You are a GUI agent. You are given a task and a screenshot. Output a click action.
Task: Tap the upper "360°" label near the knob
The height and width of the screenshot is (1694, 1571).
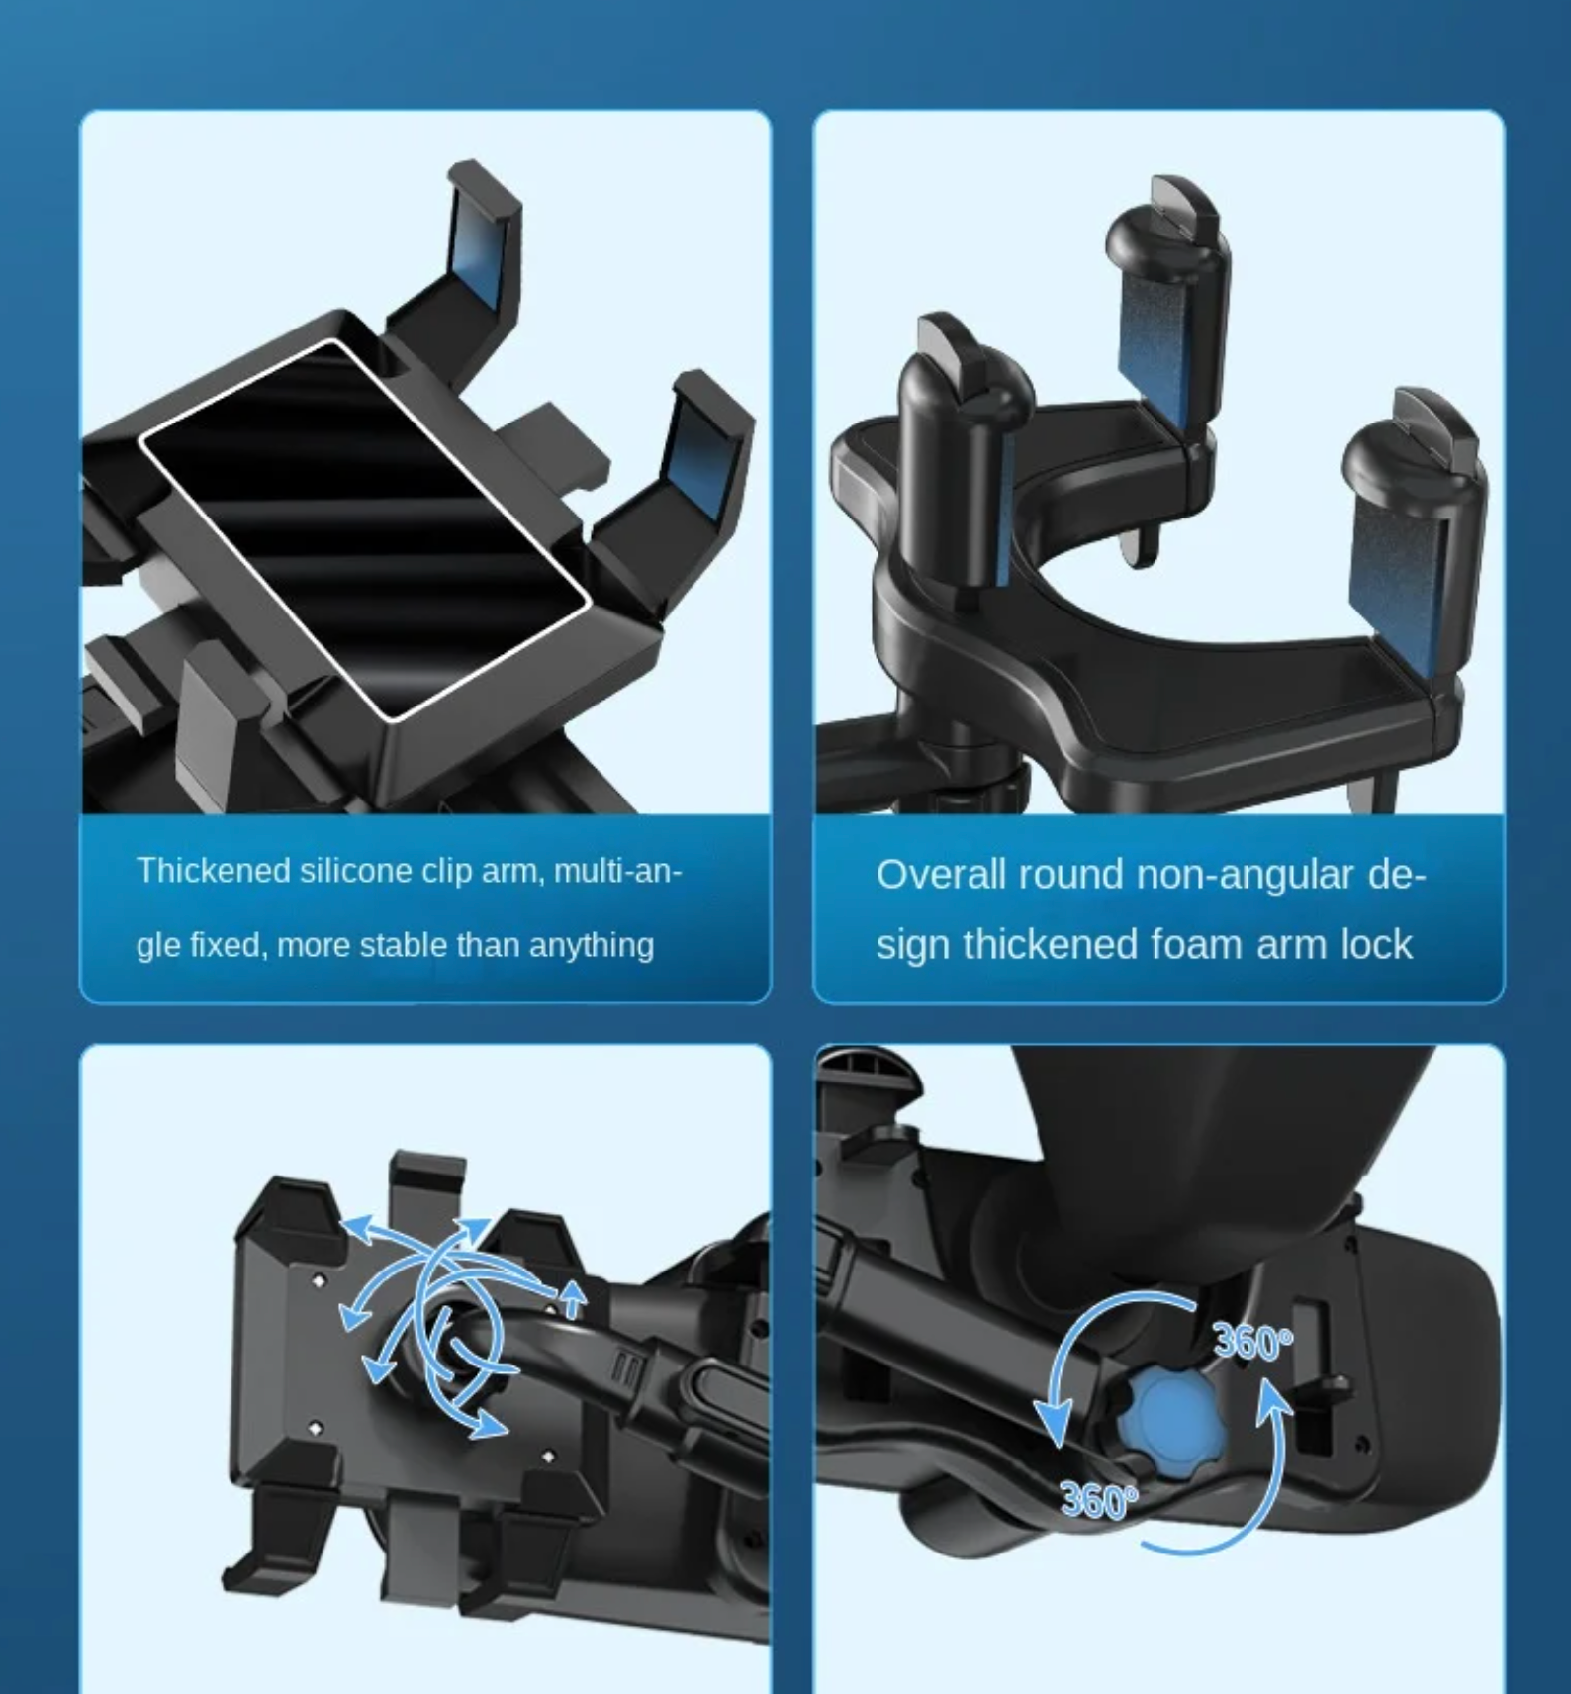click(1252, 1343)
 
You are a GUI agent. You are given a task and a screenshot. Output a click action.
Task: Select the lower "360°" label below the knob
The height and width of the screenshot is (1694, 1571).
click(1098, 1501)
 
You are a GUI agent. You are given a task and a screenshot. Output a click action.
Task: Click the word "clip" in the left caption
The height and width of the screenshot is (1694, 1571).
click(447, 871)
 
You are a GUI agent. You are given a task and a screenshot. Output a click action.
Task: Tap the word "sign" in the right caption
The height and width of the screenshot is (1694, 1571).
click(912, 945)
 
